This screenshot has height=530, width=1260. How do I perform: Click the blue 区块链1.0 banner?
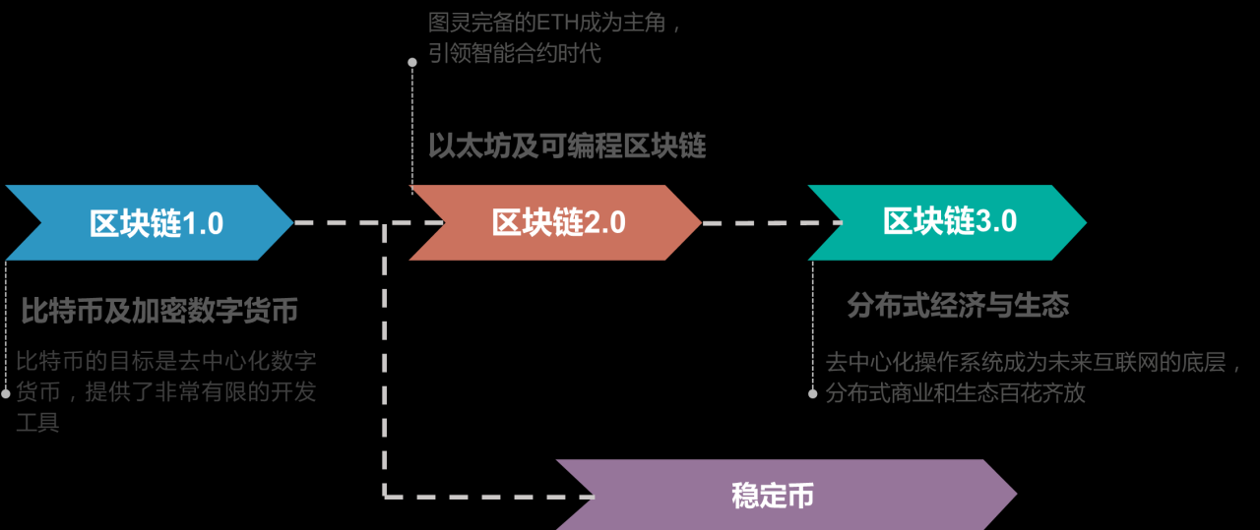(148, 223)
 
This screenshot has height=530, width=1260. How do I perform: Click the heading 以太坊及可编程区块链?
(567, 147)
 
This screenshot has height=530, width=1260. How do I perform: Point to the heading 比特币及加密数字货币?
(159, 312)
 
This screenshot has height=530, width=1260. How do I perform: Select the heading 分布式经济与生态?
(958, 305)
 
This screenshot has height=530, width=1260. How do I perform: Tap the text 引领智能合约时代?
(514, 53)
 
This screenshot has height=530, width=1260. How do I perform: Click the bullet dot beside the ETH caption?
(412, 62)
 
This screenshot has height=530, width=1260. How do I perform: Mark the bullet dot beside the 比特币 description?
(6, 393)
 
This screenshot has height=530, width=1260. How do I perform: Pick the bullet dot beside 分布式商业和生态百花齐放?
(813, 393)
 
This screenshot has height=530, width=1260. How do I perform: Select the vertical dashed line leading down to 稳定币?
(385, 374)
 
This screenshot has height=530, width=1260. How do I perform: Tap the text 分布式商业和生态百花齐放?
(955, 393)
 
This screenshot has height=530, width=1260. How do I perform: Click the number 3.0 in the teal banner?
(997, 222)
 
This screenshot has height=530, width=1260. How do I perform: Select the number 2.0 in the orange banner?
(605, 223)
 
